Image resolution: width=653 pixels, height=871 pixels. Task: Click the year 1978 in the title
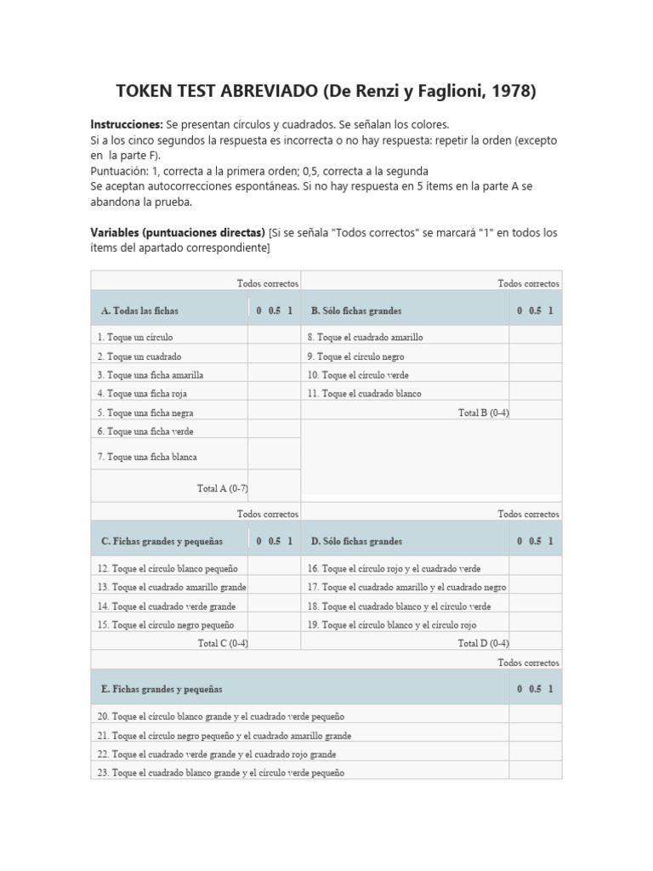tap(508, 91)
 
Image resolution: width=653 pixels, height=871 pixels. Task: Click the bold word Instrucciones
tap(126, 124)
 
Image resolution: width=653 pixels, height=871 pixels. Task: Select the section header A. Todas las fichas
tap(139, 311)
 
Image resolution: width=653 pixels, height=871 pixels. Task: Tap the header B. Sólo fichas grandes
tap(356, 311)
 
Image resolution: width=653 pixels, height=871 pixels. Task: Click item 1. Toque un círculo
tap(135, 338)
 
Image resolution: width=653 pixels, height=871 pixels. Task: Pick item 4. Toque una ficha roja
tap(142, 394)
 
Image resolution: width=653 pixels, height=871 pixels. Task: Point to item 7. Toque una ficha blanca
tap(147, 457)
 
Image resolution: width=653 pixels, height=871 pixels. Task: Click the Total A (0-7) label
tap(222, 488)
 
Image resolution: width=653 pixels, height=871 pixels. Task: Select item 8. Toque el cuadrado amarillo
tap(365, 338)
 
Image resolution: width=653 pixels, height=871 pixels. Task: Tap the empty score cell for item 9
tap(535, 356)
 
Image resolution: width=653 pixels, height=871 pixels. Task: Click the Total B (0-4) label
tap(483, 413)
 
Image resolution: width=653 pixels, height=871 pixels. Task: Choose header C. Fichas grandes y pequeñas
tap(162, 541)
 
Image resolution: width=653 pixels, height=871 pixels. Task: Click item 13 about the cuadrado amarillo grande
tap(172, 587)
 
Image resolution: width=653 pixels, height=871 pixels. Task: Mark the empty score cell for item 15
tap(274, 624)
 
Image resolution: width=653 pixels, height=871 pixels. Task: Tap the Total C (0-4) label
tap(223, 643)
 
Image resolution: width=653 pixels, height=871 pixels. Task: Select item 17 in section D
tap(406, 587)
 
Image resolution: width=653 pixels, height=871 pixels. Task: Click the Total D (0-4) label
tap(483, 643)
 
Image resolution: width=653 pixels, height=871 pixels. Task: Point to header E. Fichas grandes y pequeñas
tap(162, 689)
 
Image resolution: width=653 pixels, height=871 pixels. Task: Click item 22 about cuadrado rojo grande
tap(217, 754)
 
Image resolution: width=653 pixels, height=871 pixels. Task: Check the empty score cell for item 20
tap(535, 716)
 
